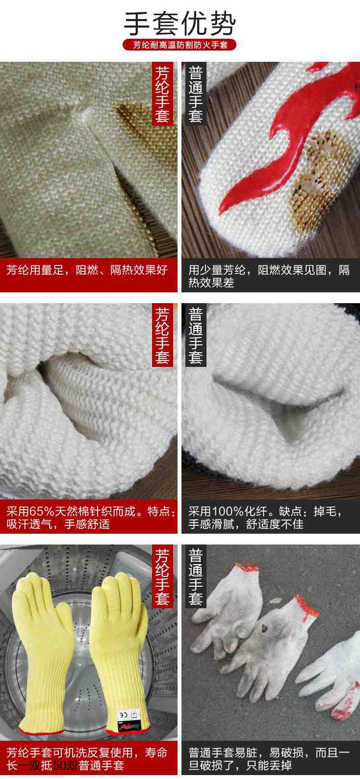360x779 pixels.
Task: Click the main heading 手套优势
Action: (180, 23)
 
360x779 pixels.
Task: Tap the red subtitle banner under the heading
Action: (180, 46)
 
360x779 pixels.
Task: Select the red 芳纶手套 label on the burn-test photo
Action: (162, 94)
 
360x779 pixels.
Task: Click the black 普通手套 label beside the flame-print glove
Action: (196, 94)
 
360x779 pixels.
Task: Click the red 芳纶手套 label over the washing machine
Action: (162, 577)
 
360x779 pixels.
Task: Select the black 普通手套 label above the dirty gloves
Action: (196, 577)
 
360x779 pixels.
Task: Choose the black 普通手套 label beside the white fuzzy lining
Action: (196, 336)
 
